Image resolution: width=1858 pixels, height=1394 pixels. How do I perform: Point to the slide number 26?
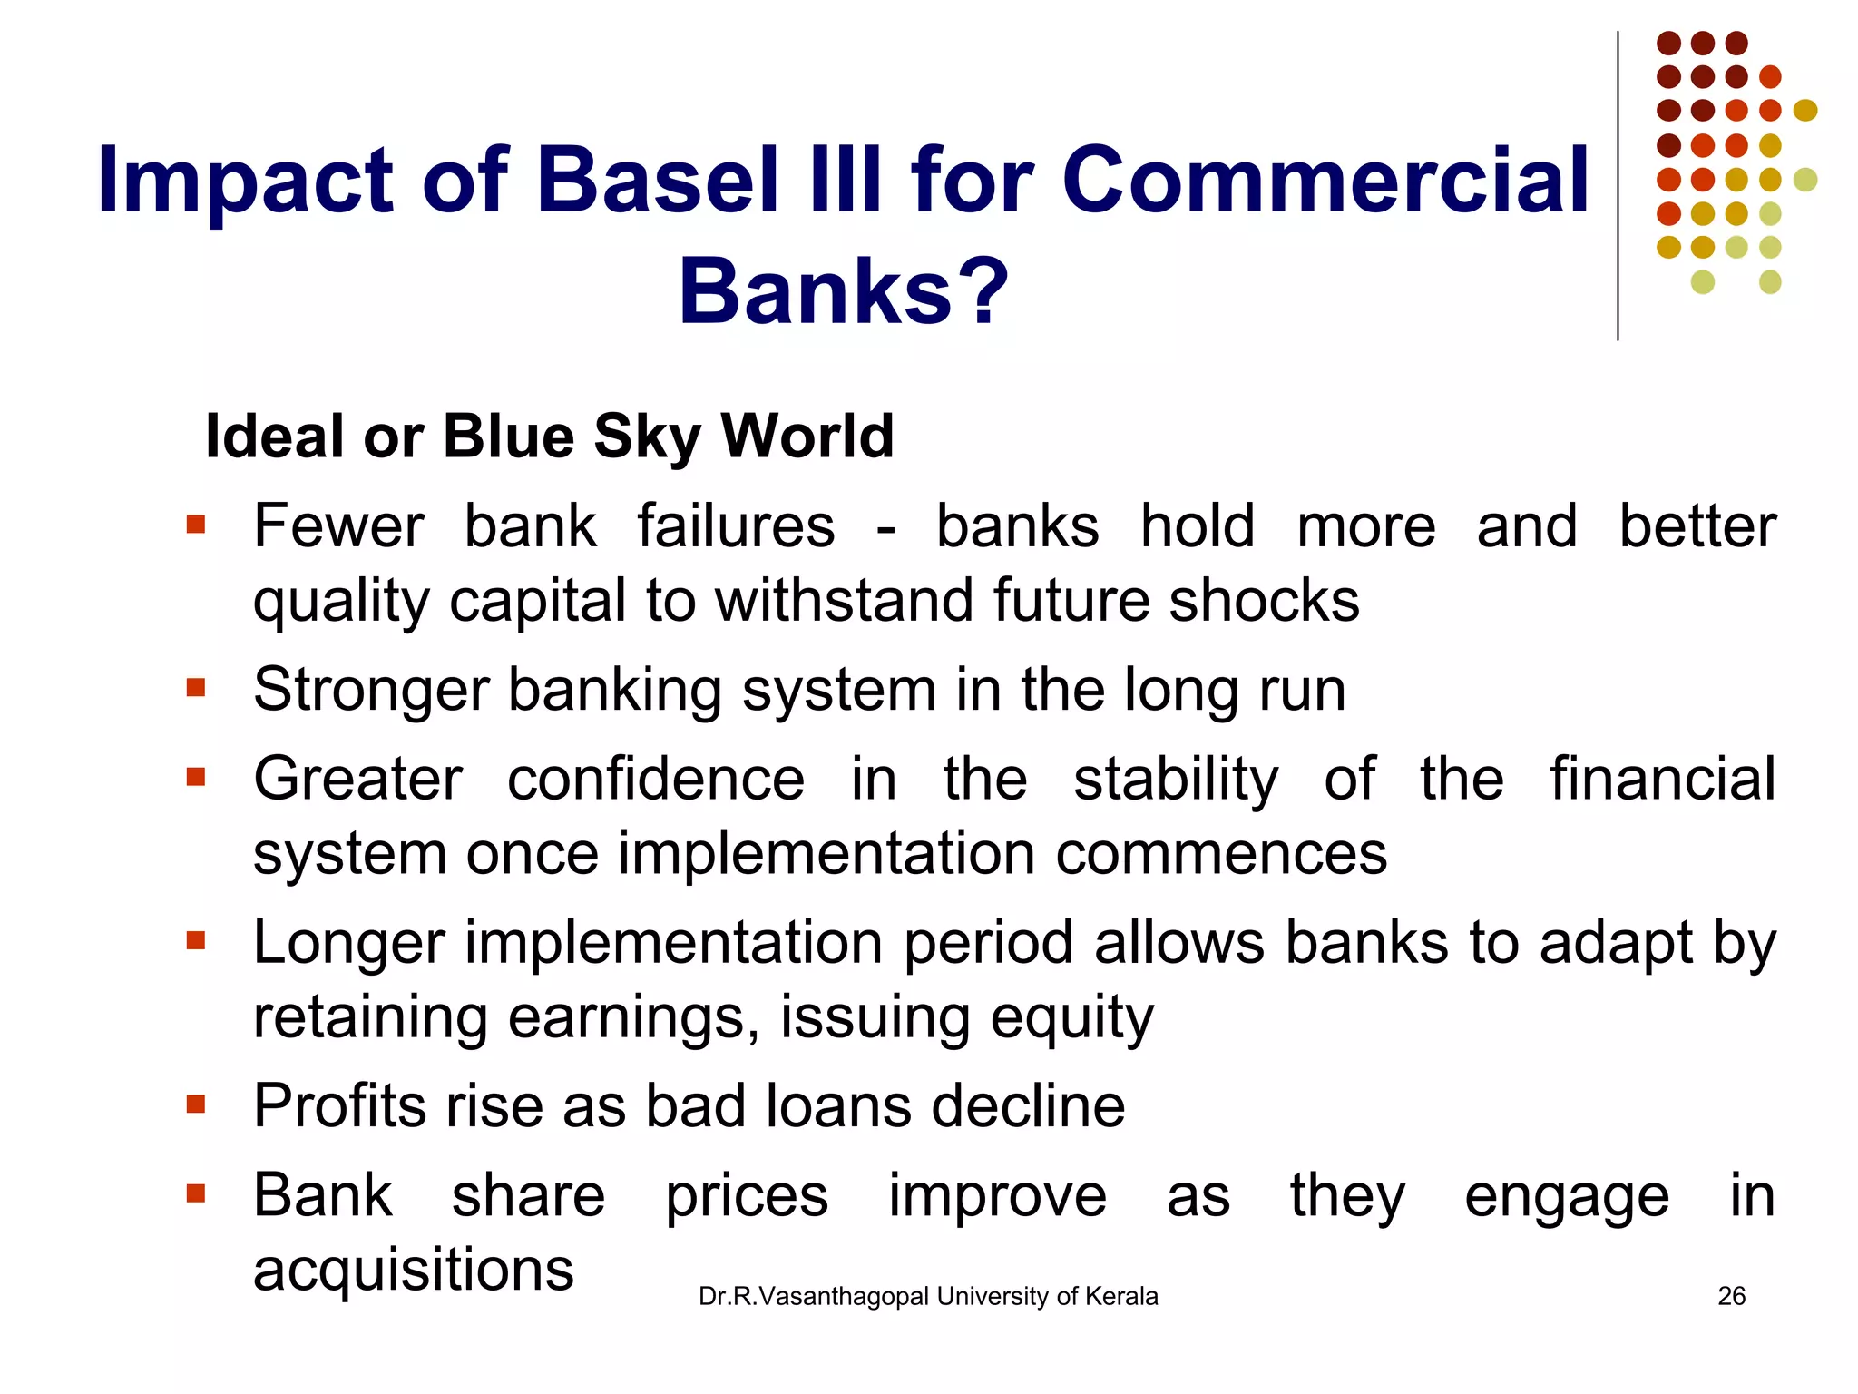pos(1731,1296)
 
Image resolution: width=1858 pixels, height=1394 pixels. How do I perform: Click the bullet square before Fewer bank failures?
pos(196,525)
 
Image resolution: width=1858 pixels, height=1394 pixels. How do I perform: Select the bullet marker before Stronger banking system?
pos(196,688)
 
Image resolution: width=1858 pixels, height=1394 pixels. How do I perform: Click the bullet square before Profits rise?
pos(196,1104)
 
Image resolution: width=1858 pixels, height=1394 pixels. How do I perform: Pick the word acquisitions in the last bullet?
pos(414,1270)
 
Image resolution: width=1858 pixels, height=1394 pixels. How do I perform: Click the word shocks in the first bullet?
pos(1265,601)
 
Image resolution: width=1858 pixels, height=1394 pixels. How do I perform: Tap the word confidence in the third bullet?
pos(655,780)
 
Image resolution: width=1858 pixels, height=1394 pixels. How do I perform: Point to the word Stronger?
pos(370,690)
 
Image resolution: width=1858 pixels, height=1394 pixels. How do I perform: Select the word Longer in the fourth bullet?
pos(348,944)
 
